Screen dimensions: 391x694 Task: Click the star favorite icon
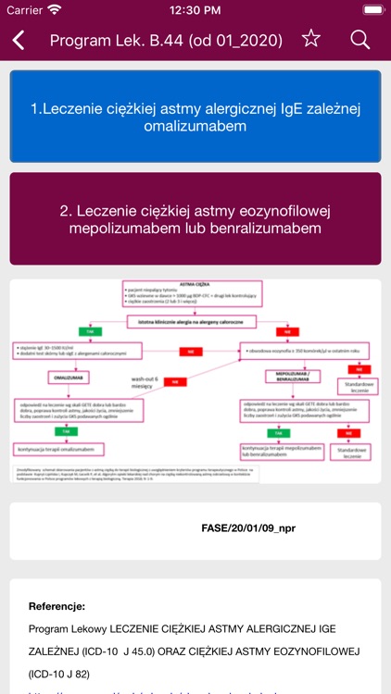pyautogui.click(x=311, y=39)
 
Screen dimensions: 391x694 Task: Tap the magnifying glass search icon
pyautogui.click(x=359, y=40)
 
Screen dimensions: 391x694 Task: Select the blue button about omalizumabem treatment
pyautogui.click(x=195, y=117)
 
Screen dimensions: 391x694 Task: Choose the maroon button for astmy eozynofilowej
pyautogui.click(x=195, y=218)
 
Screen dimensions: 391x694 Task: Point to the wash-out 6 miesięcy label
pyautogui.click(x=145, y=383)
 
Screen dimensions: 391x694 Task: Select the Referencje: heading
pyautogui.click(x=57, y=606)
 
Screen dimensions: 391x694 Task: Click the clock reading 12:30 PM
pyautogui.click(x=195, y=10)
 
